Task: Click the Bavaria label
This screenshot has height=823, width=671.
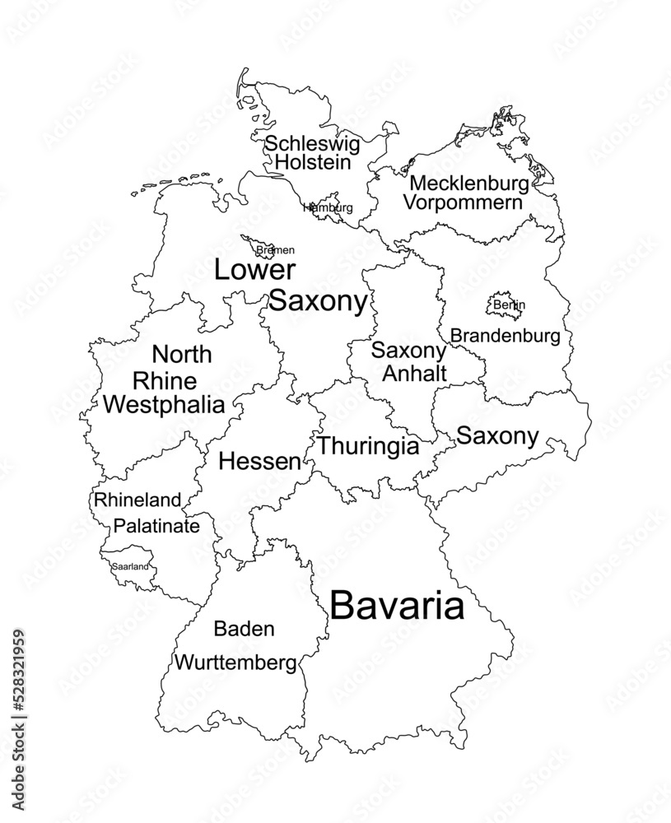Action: (397, 607)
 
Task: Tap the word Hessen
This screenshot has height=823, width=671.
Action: (259, 462)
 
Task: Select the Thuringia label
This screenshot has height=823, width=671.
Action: (368, 446)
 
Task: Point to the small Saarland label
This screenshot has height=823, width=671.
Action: (131, 566)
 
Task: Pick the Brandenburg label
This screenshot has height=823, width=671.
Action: (505, 336)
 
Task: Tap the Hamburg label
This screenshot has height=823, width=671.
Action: (328, 207)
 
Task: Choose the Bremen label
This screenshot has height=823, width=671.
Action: (275, 249)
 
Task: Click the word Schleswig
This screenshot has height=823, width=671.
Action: (312, 145)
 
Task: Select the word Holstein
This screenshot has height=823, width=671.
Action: (312, 163)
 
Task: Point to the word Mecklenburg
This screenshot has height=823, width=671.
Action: (468, 183)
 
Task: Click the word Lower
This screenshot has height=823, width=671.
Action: (254, 271)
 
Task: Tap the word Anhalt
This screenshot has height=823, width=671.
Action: (414, 373)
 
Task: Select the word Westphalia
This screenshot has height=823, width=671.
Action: (165, 404)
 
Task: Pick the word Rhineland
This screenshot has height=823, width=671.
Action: (137, 500)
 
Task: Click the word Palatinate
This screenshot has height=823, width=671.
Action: (156, 525)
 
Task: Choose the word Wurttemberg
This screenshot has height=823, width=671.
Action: (235, 662)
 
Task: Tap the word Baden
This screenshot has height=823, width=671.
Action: (244, 630)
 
